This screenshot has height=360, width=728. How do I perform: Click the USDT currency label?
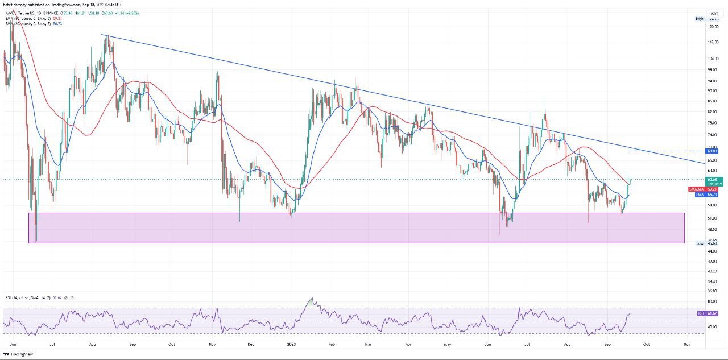pos(713,13)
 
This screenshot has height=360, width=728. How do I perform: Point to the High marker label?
pos(700,19)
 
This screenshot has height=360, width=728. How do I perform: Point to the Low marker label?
pos(700,243)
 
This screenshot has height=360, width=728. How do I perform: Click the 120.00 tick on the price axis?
pos(713,26)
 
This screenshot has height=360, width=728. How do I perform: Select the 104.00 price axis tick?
pos(713,59)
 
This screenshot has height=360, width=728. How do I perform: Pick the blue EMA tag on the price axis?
pos(699,195)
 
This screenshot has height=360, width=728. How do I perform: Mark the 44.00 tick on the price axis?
pos(712,251)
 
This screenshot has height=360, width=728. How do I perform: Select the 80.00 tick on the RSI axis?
pos(712,301)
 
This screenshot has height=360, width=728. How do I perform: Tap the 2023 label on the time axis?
pos(291,345)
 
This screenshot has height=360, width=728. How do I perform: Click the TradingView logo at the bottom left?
pos(18,354)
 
